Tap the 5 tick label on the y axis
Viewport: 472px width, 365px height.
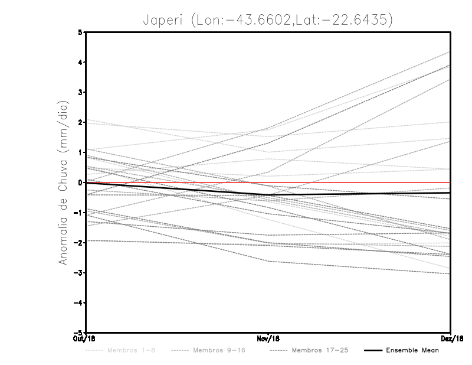pos(81,32)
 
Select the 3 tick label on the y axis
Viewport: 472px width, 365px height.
pos(81,92)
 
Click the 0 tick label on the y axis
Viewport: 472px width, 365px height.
pos(81,182)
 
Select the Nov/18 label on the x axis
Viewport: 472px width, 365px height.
pos(268,339)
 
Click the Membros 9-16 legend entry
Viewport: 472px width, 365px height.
pos(219,351)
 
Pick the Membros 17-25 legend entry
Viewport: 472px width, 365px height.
pos(320,351)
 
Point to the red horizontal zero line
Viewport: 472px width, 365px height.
pos(354,182)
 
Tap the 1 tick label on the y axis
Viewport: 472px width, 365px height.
pos(81,152)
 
